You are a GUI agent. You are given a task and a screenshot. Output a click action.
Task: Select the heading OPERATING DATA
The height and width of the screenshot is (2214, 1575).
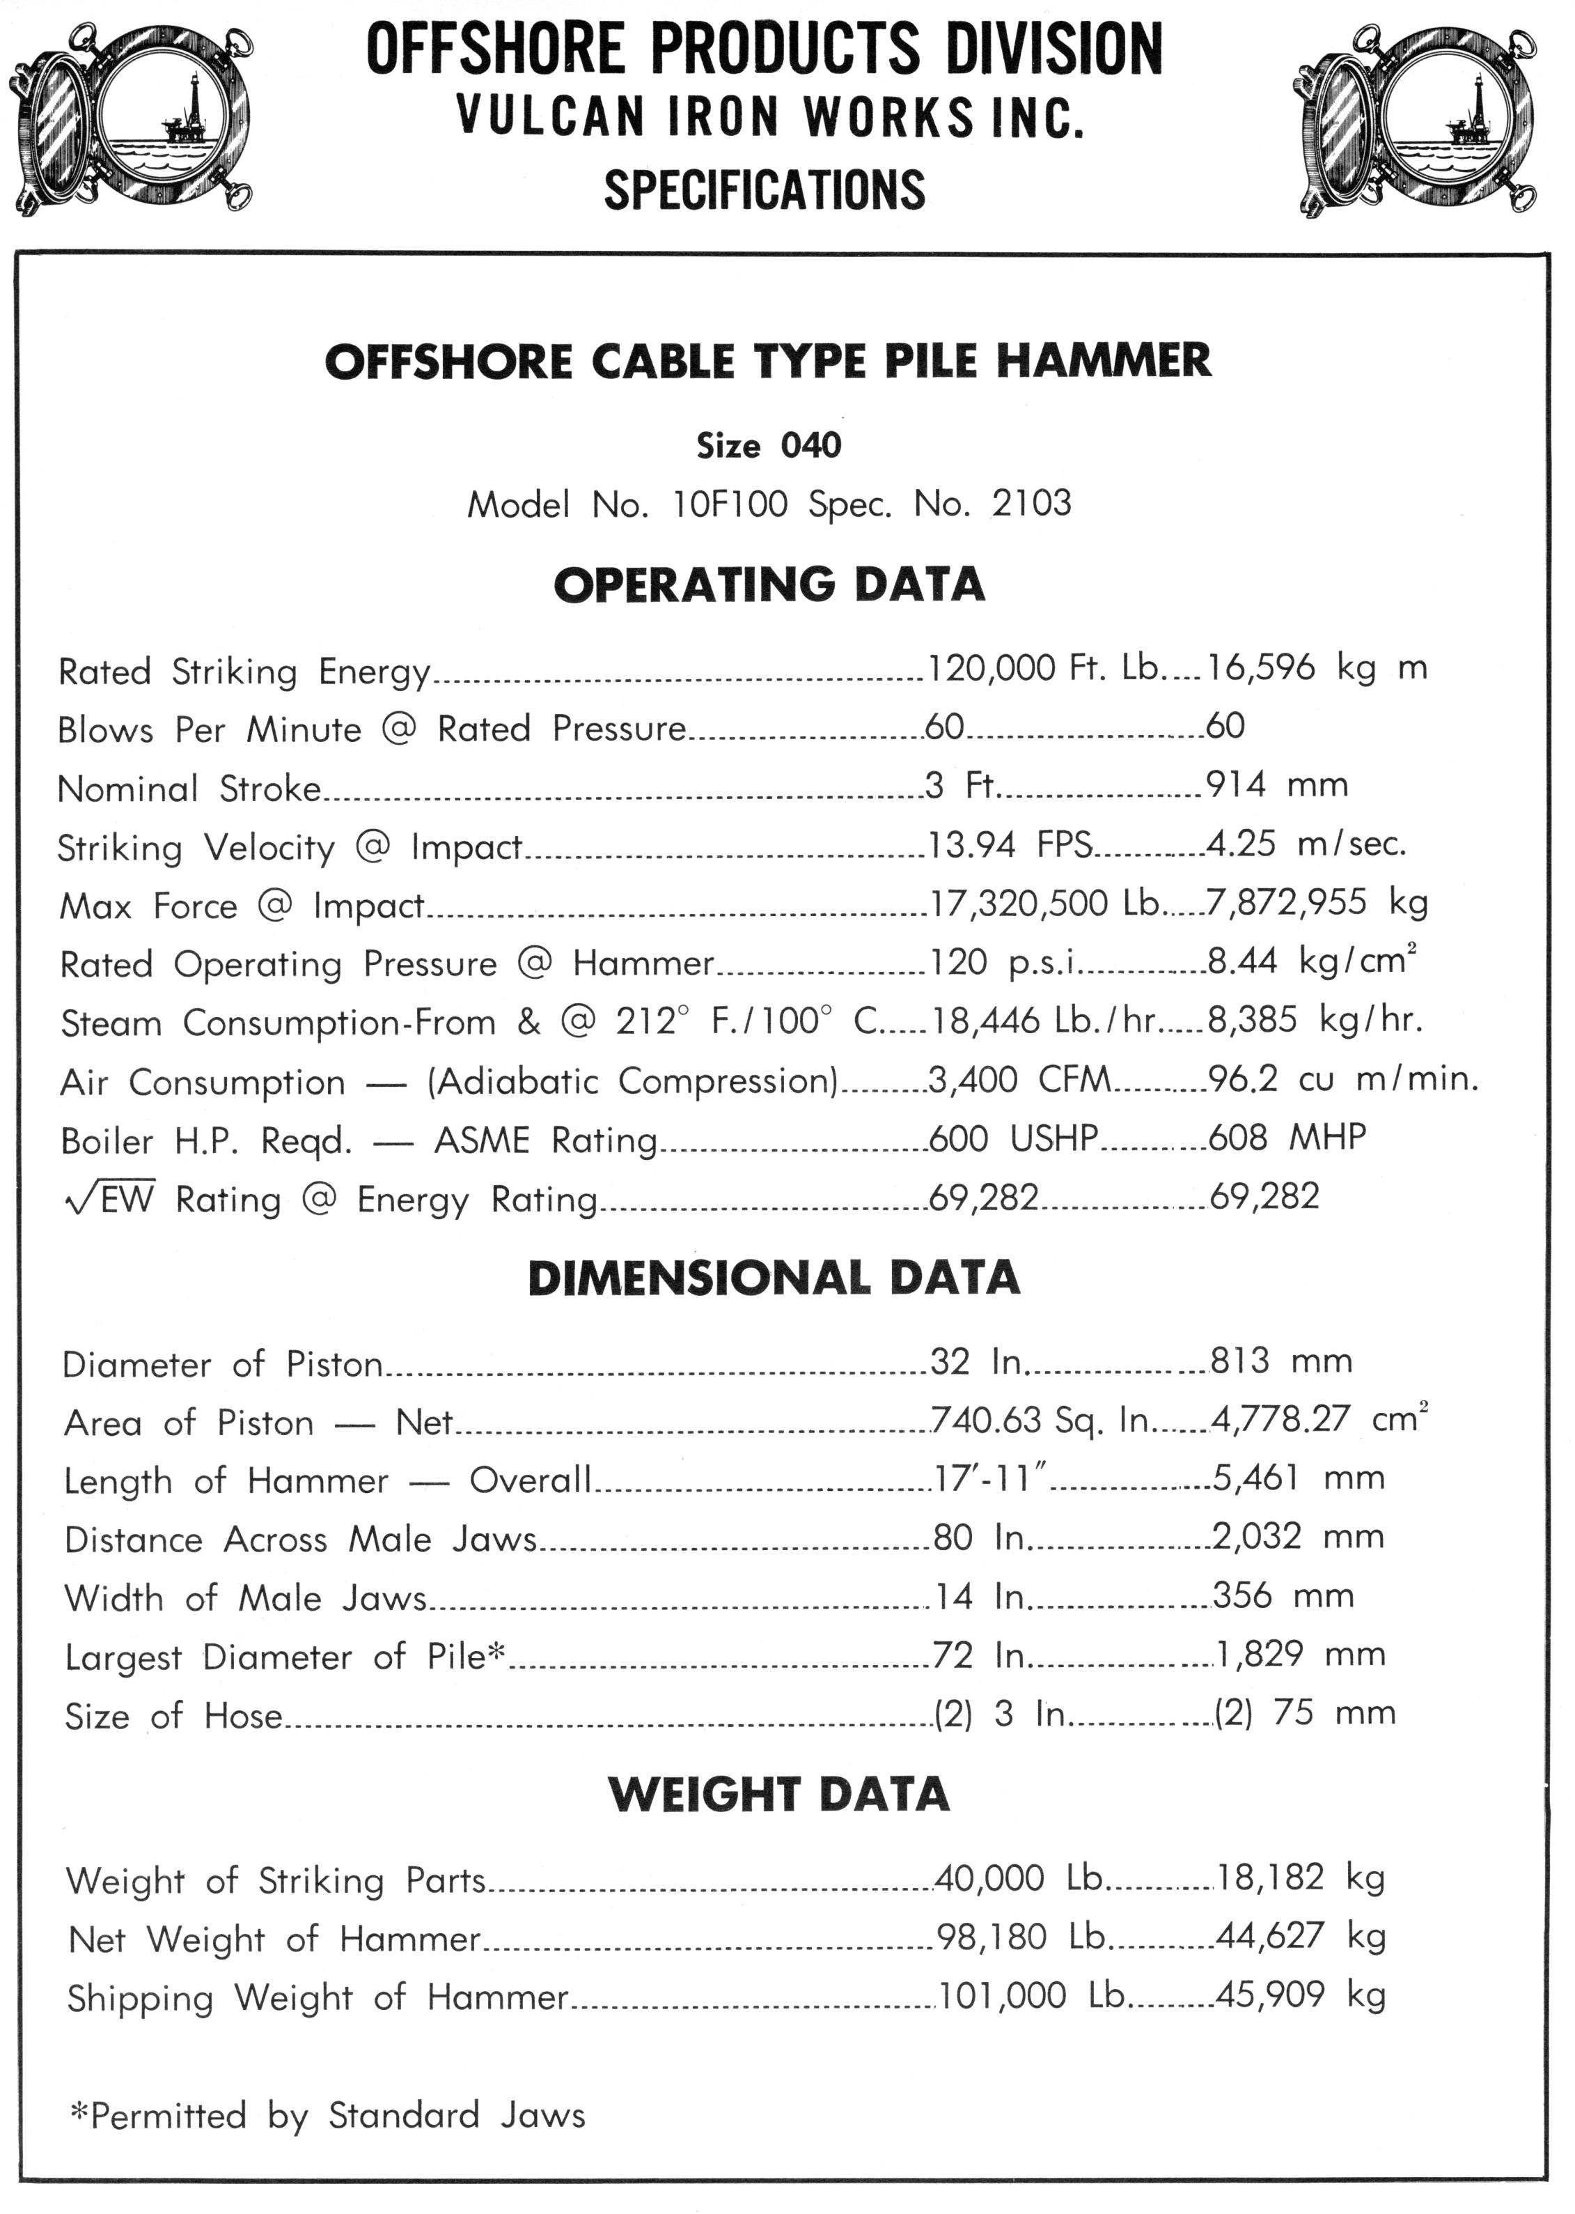(769, 585)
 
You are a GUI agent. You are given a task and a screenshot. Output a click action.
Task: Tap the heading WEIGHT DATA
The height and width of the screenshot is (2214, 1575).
(778, 1795)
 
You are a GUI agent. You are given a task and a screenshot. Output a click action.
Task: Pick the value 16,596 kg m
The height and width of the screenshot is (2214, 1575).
(1316, 669)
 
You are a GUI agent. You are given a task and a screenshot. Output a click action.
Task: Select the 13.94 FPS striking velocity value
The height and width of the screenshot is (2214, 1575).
(1010, 845)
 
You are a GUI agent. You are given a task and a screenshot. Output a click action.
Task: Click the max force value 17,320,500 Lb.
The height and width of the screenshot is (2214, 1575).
(1044, 904)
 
